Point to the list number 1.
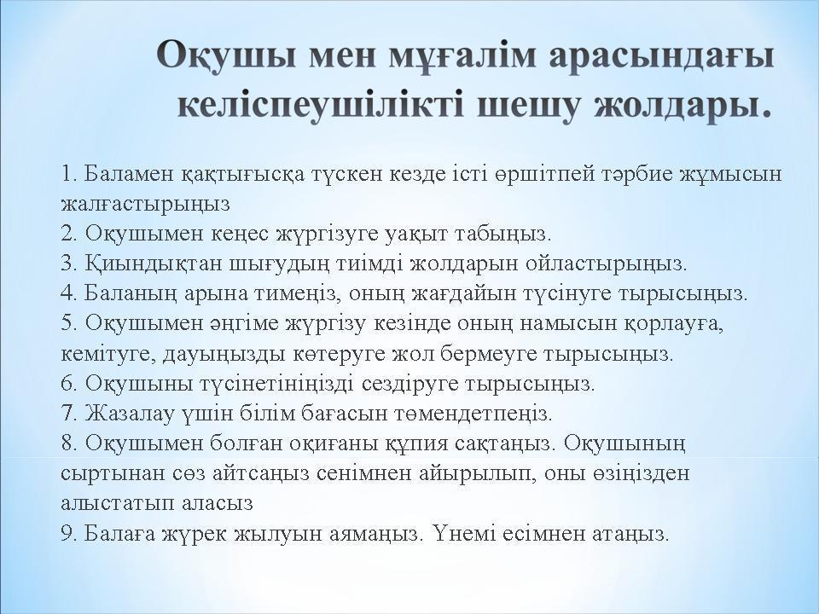click(68, 175)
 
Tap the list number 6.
click(68, 384)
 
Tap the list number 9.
click(68, 533)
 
